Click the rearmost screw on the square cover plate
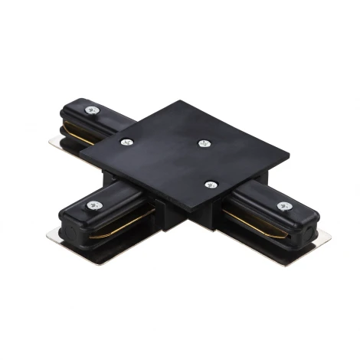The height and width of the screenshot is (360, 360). pyautogui.click(x=203, y=142)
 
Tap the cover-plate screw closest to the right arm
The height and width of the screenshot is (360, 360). pyautogui.click(x=210, y=184)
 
